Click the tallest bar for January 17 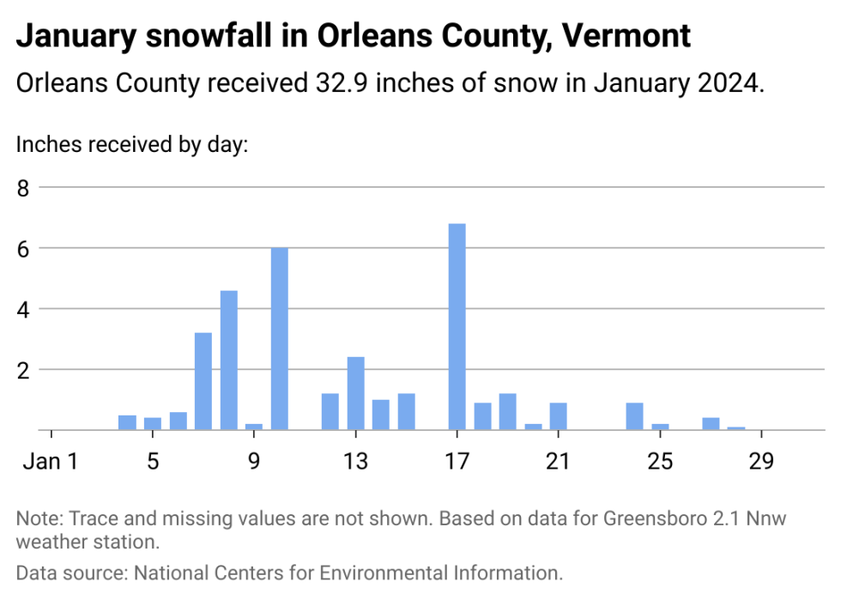click(x=457, y=326)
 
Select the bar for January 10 click(x=280, y=338)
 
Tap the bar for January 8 click(x=229, y=360)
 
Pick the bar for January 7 click(x=203, y=380)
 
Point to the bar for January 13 click(x=355, y=392)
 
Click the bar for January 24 click(x=634, y=415)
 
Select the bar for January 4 click(x=127, y=421)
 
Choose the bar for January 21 click(x=559, y=415)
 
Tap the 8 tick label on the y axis click(x=23, y=187)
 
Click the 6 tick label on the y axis click(x=23, y=248)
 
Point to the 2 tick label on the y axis click(x=23, y=369)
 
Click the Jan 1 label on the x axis click(x=51, y=461)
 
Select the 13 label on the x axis click(x=355, y=461)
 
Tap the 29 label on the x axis click(x=761, y=461)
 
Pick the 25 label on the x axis click(x=660, y=461)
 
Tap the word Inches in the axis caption click(x=39, y=144)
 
